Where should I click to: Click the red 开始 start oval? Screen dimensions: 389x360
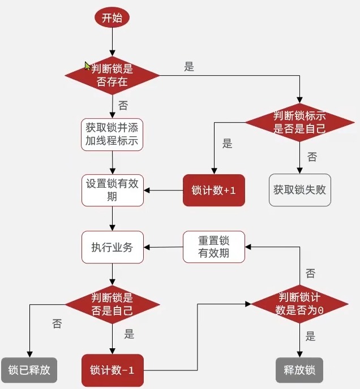click(112, 18)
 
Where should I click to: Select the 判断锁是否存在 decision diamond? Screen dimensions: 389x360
click(112, 75)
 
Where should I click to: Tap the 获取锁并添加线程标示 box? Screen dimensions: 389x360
click(112, 134)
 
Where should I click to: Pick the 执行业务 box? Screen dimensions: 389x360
click(112, 247)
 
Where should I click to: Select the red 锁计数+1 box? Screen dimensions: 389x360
click(214, 191)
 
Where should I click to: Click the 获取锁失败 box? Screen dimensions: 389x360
click(299, 190)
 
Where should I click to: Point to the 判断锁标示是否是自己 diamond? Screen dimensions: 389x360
click(299, 122)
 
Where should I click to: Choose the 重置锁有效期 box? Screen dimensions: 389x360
click(214, 247)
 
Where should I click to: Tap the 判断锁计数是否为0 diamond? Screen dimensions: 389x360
click(299, 304)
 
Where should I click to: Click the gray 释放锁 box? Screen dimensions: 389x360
click(299, 370)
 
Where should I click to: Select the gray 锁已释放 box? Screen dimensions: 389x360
click(29, 370)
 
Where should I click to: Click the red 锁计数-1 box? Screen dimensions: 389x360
click(112, 371)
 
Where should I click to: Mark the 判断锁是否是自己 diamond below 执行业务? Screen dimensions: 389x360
click(112, 304)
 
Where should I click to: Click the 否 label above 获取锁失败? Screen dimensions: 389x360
click(312, 157)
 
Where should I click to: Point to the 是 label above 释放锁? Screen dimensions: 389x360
click(310, 337)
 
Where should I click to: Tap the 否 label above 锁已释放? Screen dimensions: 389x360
click(57, 324)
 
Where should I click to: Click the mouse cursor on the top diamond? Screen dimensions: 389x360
click(88, 66)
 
